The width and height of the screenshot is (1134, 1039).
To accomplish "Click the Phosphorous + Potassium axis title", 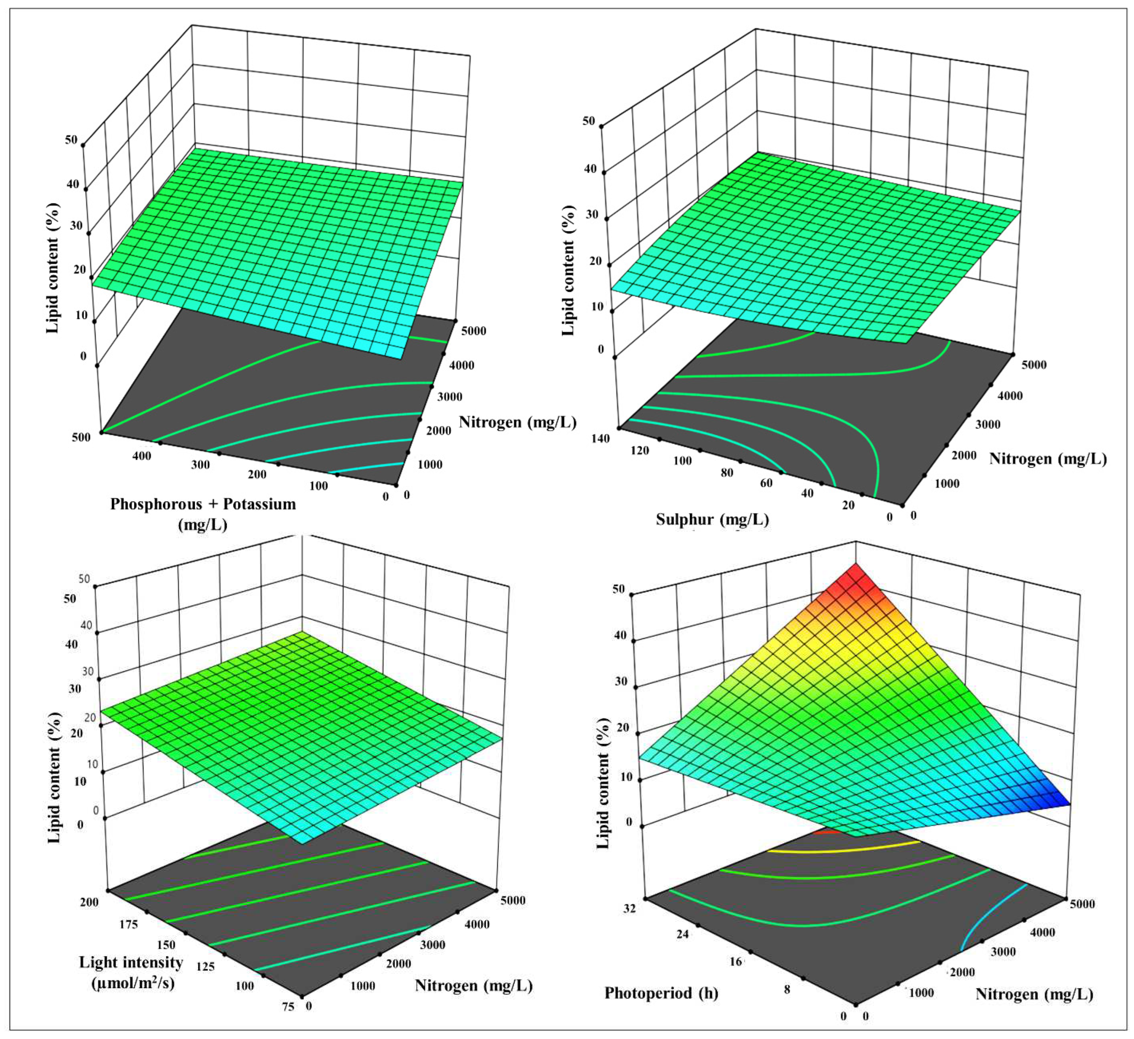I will pyautogui.click(x=203, y=504).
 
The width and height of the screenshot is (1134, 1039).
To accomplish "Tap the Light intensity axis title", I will pyautogui.click(x=131, y=963).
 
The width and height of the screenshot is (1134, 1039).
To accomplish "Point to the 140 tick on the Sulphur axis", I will pyautogui.click(x=601, y=438).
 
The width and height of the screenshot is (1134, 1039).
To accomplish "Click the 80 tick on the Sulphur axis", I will pyautogui.click(x=727, y=473).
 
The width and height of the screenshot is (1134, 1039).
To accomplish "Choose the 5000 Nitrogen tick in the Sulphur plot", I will pyautogui.click(x=1034, y=365).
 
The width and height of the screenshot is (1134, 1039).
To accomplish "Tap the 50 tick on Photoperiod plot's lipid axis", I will pyautogui.click(x=619, y=589).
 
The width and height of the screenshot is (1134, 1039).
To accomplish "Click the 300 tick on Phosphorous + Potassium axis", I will pyautogui.click(x=200, y=464).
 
